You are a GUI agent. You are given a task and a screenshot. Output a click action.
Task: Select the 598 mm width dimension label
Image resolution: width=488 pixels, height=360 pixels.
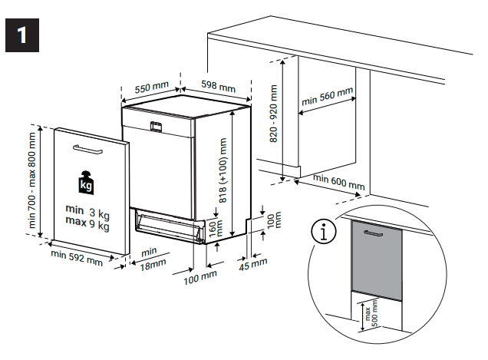point(219,85)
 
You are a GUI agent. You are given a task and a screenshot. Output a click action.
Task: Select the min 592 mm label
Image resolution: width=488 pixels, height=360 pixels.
point(76,258)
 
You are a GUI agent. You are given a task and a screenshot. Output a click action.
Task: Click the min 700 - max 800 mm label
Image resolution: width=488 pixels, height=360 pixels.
point(32,181)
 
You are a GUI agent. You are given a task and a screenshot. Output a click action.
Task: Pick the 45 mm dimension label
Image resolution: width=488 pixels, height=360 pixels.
point(254,264)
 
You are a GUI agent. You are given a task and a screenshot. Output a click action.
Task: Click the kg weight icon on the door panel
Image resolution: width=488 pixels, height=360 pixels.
point(85,183)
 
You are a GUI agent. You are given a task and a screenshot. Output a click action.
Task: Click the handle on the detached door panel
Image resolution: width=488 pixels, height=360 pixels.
point(91,147)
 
